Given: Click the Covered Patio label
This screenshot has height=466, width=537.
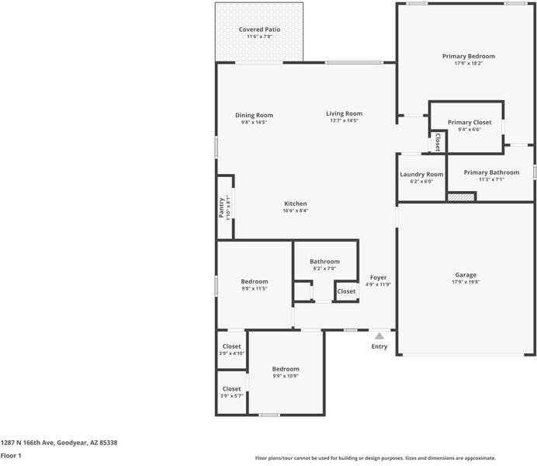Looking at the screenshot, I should pyautogui.click(x=259, y=30).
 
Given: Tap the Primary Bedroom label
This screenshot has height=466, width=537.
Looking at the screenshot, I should pyautogui.click(x=468, y=56).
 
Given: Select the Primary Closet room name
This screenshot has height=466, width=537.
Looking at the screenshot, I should pyautogui.click(x=469, y=122).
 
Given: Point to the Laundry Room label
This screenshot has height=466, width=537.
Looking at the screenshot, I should pyautogui.click(x=421, y=174).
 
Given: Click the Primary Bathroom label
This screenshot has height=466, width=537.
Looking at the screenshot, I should pyautogui.click(x=491, y=172).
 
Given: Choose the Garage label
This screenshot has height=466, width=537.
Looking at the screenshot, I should pyautogui.click(x=466, y=275).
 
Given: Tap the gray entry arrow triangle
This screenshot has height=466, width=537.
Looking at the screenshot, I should pyautogui.click(x=379, y=336).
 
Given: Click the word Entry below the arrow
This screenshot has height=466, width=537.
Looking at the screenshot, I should pyautogui.click(x=379, y=346).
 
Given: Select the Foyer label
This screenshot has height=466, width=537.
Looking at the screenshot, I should pyautogui.click(x=378, y=277).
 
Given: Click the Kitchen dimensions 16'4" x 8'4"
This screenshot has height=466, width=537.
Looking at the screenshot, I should pyautogui.click(x=295, y=210).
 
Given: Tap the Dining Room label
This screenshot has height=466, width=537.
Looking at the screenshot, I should pyautogui.click(x=254, y=115).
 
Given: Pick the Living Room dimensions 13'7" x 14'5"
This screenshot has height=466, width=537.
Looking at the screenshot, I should pyautogui.click(x=344, y=121).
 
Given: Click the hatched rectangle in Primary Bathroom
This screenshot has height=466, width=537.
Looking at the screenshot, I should pyautogui.click(x=460, y=197).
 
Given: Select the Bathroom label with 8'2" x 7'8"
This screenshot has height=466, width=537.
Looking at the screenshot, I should pyautogui.click(x=324, y=262).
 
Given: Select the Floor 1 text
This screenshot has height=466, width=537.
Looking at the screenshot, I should pyautogui.click(x=11, y=456).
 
